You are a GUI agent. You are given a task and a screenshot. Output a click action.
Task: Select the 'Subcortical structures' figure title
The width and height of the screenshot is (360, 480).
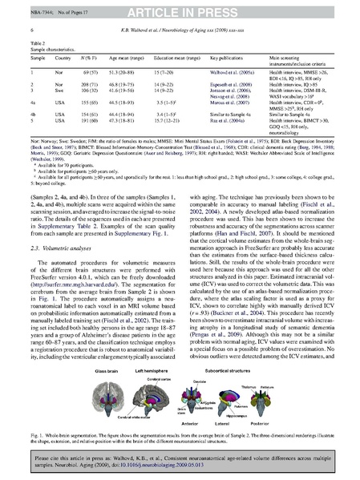point(258,374)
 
